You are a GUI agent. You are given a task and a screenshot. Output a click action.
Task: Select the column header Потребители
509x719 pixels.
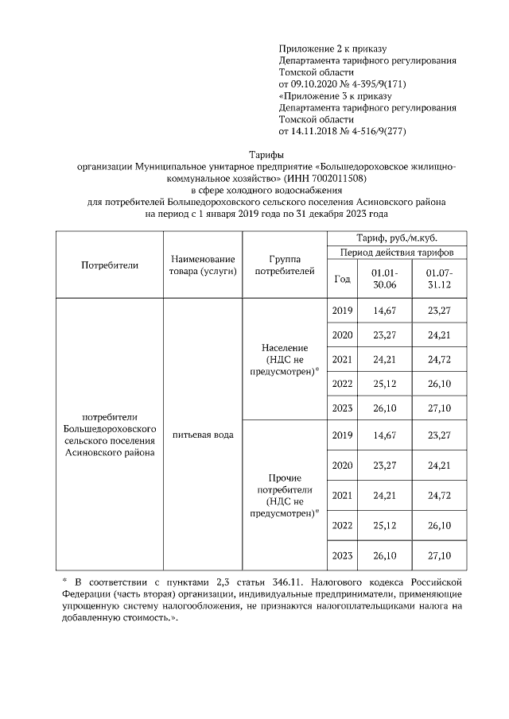[110, 265]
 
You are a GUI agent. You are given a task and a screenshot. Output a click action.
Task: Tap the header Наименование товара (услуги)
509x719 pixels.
[203, 265]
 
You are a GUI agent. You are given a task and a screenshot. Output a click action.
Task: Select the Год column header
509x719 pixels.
[342, 279]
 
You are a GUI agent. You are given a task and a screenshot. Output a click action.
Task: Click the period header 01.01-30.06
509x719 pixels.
[385, 279]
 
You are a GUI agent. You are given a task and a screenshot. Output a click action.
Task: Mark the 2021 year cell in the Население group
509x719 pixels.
[342, 359]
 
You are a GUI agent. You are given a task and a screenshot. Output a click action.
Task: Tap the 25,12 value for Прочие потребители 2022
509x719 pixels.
[385, 525]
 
